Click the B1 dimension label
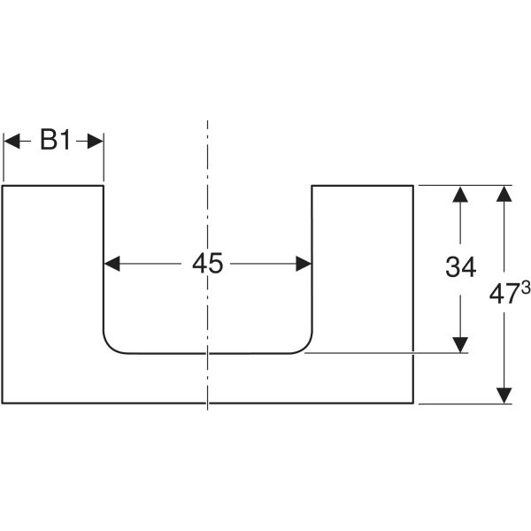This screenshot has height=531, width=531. pos(55,141)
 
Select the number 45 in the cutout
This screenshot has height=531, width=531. pos(208,264)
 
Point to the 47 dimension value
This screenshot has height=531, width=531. pos(503,296)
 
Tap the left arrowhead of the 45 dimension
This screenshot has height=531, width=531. pos(112,264)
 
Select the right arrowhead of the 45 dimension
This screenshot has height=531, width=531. pos(304,264)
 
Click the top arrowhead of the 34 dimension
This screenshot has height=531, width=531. pos(460,194)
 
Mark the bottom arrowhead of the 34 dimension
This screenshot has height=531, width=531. pos(460,344)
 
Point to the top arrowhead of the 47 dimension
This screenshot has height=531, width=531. pos(504,194)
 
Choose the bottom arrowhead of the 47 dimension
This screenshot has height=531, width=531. pos(504,396)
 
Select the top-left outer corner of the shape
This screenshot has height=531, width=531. pos(3,186)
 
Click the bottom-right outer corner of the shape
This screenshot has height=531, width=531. pos(413,404)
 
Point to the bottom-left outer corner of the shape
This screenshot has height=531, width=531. pos(3,404)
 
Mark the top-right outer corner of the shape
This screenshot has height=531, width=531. pos(413,186)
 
